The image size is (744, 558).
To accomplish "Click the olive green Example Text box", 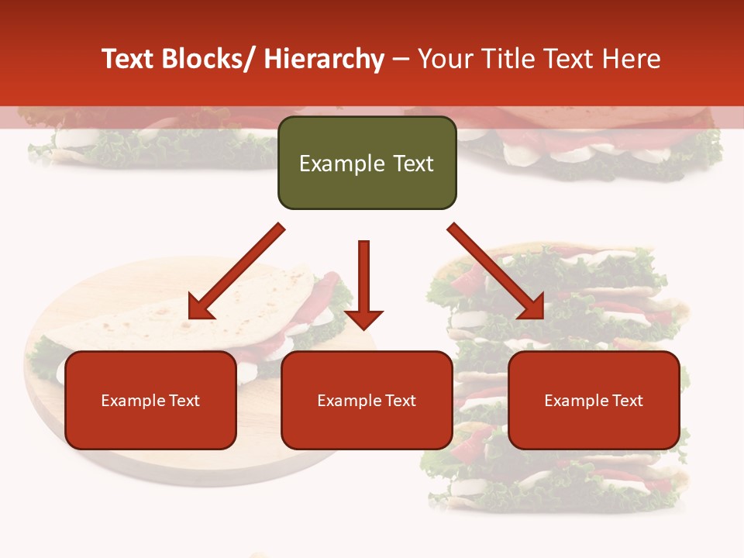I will click(x=367, y=163).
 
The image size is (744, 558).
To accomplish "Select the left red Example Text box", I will click(x=150, y=400).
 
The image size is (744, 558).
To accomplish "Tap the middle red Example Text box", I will click(x=367, y=400).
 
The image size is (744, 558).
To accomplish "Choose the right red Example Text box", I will click(x=594, y=400).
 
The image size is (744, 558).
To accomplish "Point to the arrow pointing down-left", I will click(x=236, y=271).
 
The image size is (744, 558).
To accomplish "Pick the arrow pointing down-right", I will click(x=496, y=271).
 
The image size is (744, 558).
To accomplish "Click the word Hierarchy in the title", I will click(x=324, y=59).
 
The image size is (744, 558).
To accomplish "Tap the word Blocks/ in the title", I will click(x=208, y=59).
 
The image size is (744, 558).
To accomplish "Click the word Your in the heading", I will click(x=445, y=59).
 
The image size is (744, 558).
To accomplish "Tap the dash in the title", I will click(x=401, y=59).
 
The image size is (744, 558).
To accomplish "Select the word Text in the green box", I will click(x=413, y=164).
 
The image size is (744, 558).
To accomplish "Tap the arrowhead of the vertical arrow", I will click(x=363, y=319).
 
